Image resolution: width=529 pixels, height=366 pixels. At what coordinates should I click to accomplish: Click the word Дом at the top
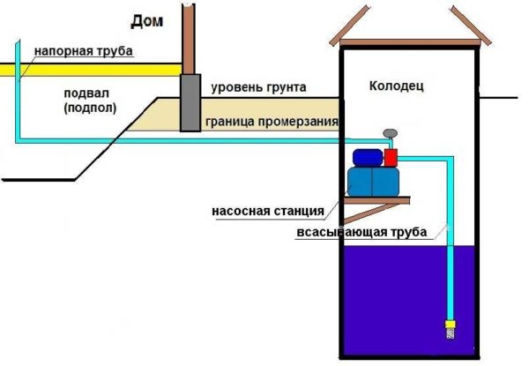click(145, 20)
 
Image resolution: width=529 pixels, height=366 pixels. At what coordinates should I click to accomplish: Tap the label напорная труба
click(84, 52)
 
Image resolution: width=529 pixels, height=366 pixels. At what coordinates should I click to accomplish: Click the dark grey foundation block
click(190, 103)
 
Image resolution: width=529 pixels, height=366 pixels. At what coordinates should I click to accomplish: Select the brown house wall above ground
click(188, 35)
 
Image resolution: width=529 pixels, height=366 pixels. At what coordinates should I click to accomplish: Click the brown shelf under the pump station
click(379, 200)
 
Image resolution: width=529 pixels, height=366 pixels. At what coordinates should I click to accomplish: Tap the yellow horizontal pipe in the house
click(88, 69)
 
